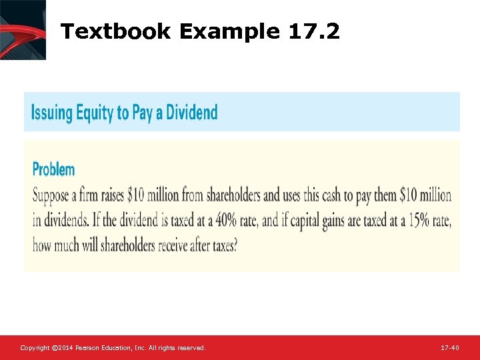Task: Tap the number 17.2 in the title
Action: coord(315,31)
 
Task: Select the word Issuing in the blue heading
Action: coord(52,112)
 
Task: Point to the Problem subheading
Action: coord(53,169)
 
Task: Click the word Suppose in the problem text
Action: coord(53,196)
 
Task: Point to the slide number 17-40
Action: coord(450,348)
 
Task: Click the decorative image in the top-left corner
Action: coord(23,29)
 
